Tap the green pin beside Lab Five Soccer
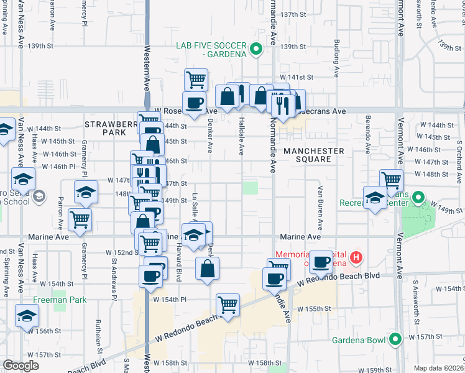pyautogui.click(x=255, y=49)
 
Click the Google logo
pyautogui.click(x=21, y=366)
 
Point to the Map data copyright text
pyautogui.click(x=439, y=368)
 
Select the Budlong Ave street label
pyautogui.click(x=336, y=59)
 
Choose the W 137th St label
pyautogui.click(x=294, y=14)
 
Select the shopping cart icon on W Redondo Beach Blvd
pyautogui.click(x=228, y=304)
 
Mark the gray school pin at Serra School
pyautogui.click(x=39, y=196)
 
